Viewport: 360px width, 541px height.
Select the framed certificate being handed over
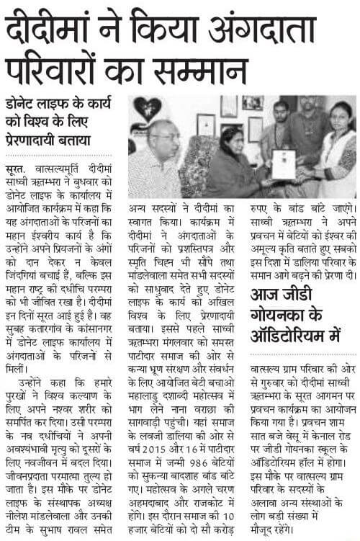click(x=284, y=164)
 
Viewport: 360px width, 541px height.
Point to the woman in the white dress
click(x=333, y=144)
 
